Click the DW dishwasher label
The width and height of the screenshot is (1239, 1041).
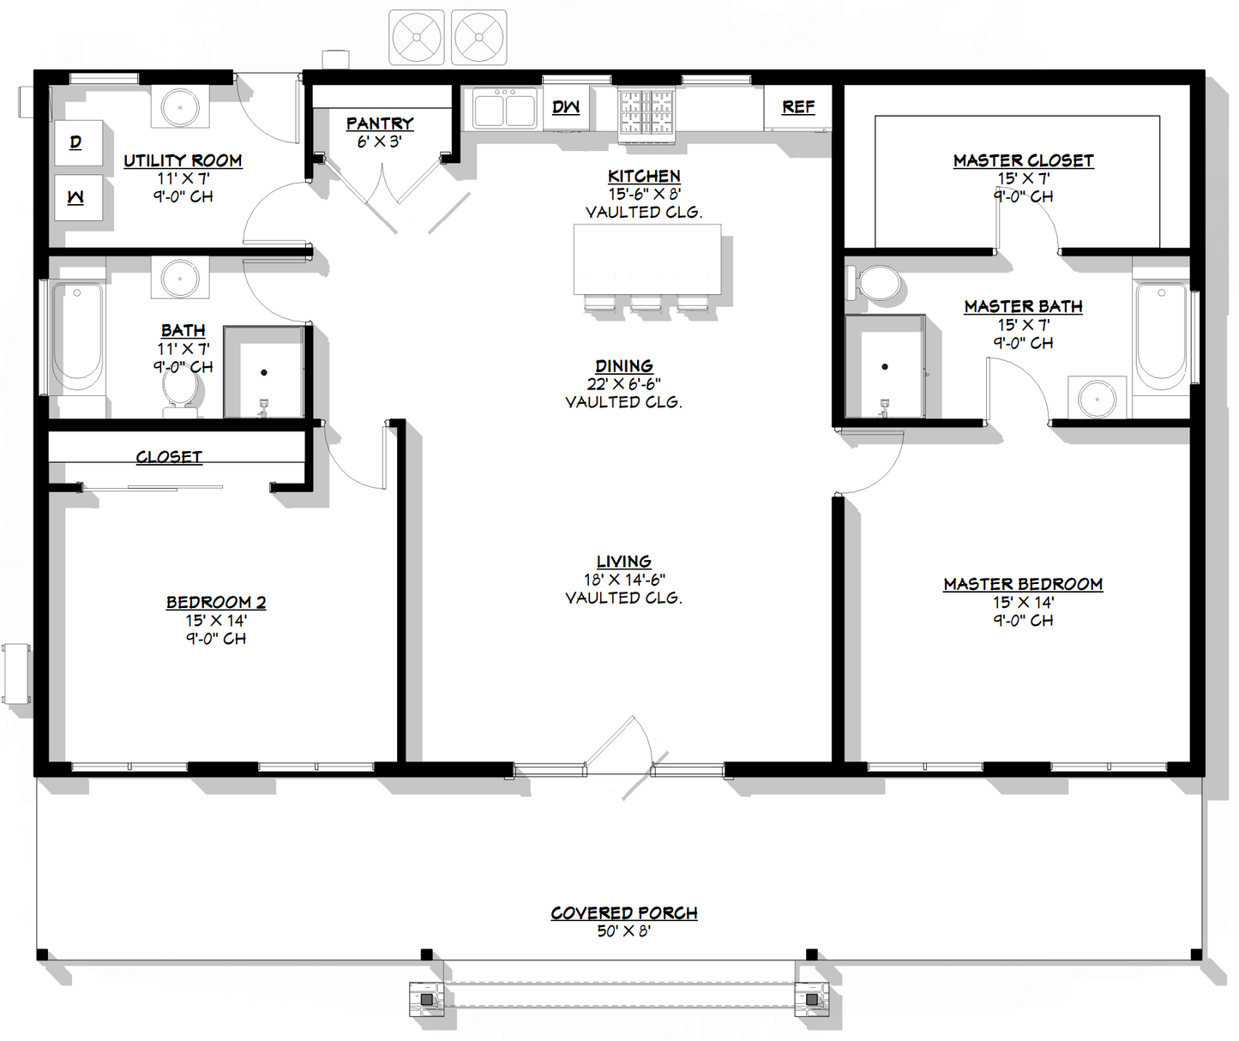tap(566, 107)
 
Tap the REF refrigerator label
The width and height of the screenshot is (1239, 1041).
tap(797, 107)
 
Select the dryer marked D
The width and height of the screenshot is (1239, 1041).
tap(77, 142)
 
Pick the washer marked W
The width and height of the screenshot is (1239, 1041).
tap(77, 197)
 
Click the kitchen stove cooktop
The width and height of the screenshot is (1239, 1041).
tap(647, 113)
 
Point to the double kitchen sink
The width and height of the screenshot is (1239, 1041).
tap(505, 110)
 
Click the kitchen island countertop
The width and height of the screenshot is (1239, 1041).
tap(647, 259)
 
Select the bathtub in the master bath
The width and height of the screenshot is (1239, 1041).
tap(1161, 334)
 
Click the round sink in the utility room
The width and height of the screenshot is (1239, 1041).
tap(181, 108)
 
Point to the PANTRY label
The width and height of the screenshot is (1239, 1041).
tap(380, 123)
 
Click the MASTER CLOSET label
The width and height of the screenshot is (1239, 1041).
tap(1023, 160)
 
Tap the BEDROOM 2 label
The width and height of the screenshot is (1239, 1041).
tap(216, 602)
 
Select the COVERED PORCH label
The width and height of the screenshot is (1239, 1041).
tap(623, 912)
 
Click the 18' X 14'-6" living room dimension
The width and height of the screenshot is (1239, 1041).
tap(623, 580)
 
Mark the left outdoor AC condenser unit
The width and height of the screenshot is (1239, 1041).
tap(417, 38)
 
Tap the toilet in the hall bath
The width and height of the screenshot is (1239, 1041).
tap(181, 391)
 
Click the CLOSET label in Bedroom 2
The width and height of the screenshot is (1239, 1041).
tap(169, 457)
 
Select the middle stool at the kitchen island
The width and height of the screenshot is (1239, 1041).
tap(647, 304)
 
